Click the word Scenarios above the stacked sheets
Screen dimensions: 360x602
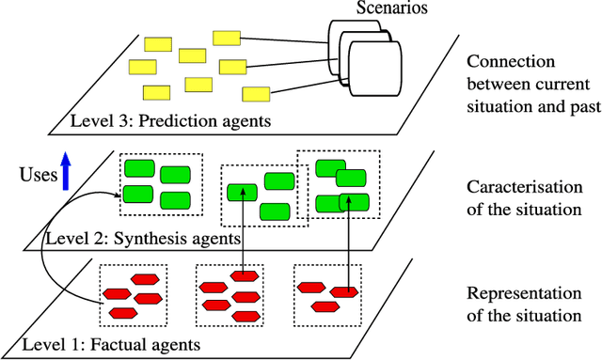point(392,9)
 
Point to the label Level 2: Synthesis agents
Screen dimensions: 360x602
point(143,240)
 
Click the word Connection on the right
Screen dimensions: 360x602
point(509,62)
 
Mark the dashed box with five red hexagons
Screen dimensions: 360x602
point(133,293)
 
